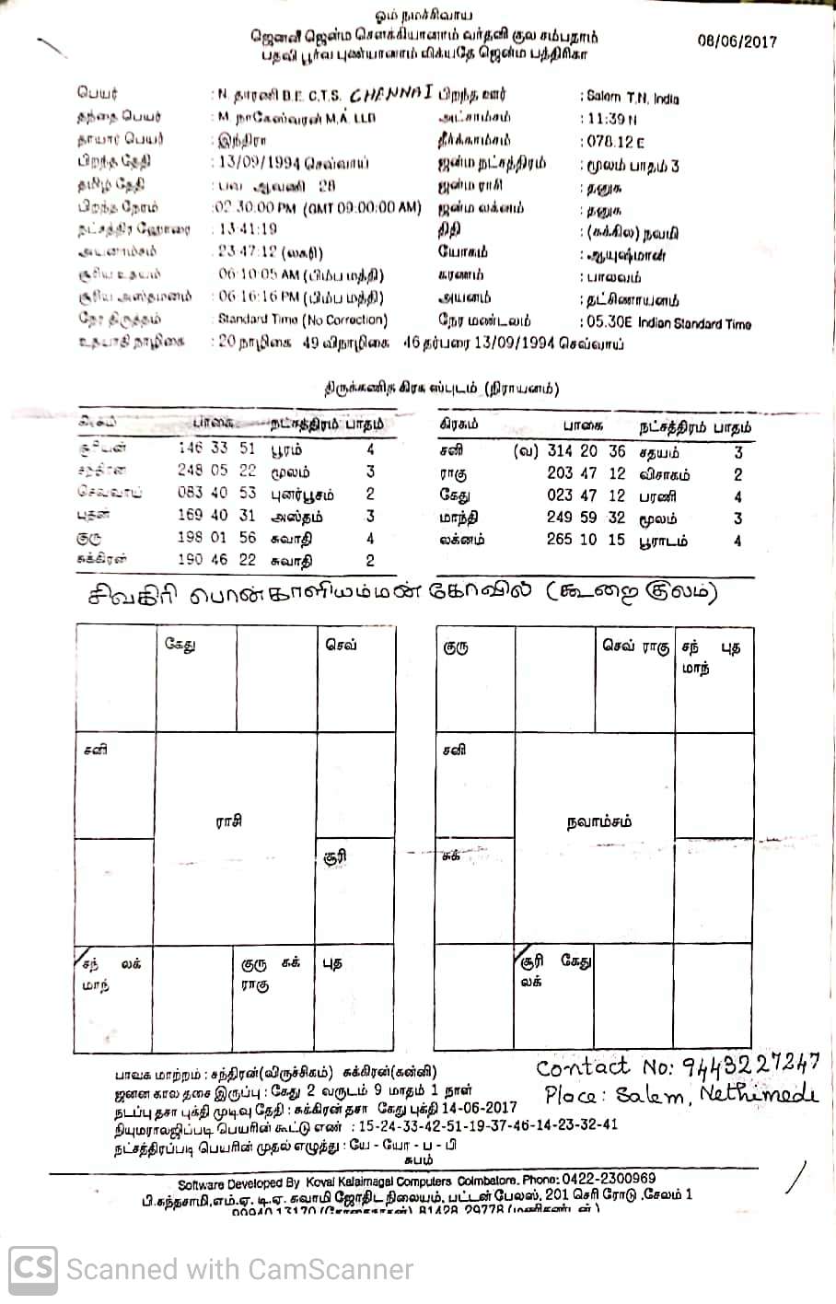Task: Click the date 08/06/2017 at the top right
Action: pos(737,41)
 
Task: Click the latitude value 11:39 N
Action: pos(610,118)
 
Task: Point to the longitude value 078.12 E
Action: pos(613,141)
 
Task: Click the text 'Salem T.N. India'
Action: pos(631,96)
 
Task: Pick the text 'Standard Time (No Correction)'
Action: pos(302,320)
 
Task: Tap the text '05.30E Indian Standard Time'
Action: pos(667,323)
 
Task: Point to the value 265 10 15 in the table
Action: pos(586,540)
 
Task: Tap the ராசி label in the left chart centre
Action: pos(228,821)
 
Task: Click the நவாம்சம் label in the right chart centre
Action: pos(599,821)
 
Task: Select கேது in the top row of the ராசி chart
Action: pos(180,645)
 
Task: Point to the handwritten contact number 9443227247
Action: pos(750,1066)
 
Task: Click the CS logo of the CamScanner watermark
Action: pos(33,1270)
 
